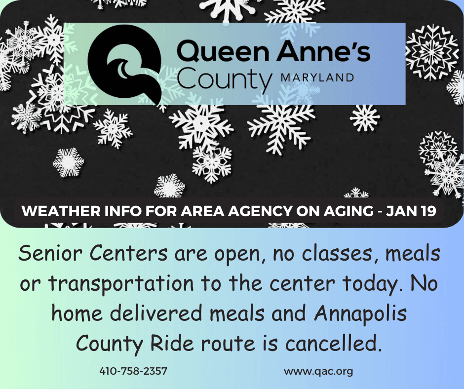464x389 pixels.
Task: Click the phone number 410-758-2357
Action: point(133,371)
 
